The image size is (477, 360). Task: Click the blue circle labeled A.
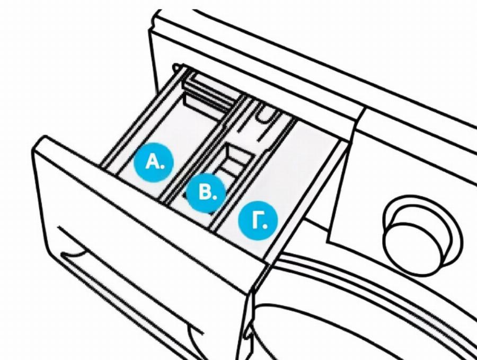point(154,162)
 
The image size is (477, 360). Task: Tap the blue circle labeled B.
point(206,193)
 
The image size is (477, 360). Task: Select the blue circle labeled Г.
point(258,220)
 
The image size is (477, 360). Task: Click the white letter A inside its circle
point(152,162)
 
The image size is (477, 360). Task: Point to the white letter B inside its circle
point(204,193)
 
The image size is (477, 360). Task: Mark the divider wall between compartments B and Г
point(252,174)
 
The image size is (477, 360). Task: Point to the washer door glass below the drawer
point(350,329)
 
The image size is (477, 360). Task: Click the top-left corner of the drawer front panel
point(45,136)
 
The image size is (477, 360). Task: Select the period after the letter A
point(163,167)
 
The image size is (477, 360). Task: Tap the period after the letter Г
point(264,225)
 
